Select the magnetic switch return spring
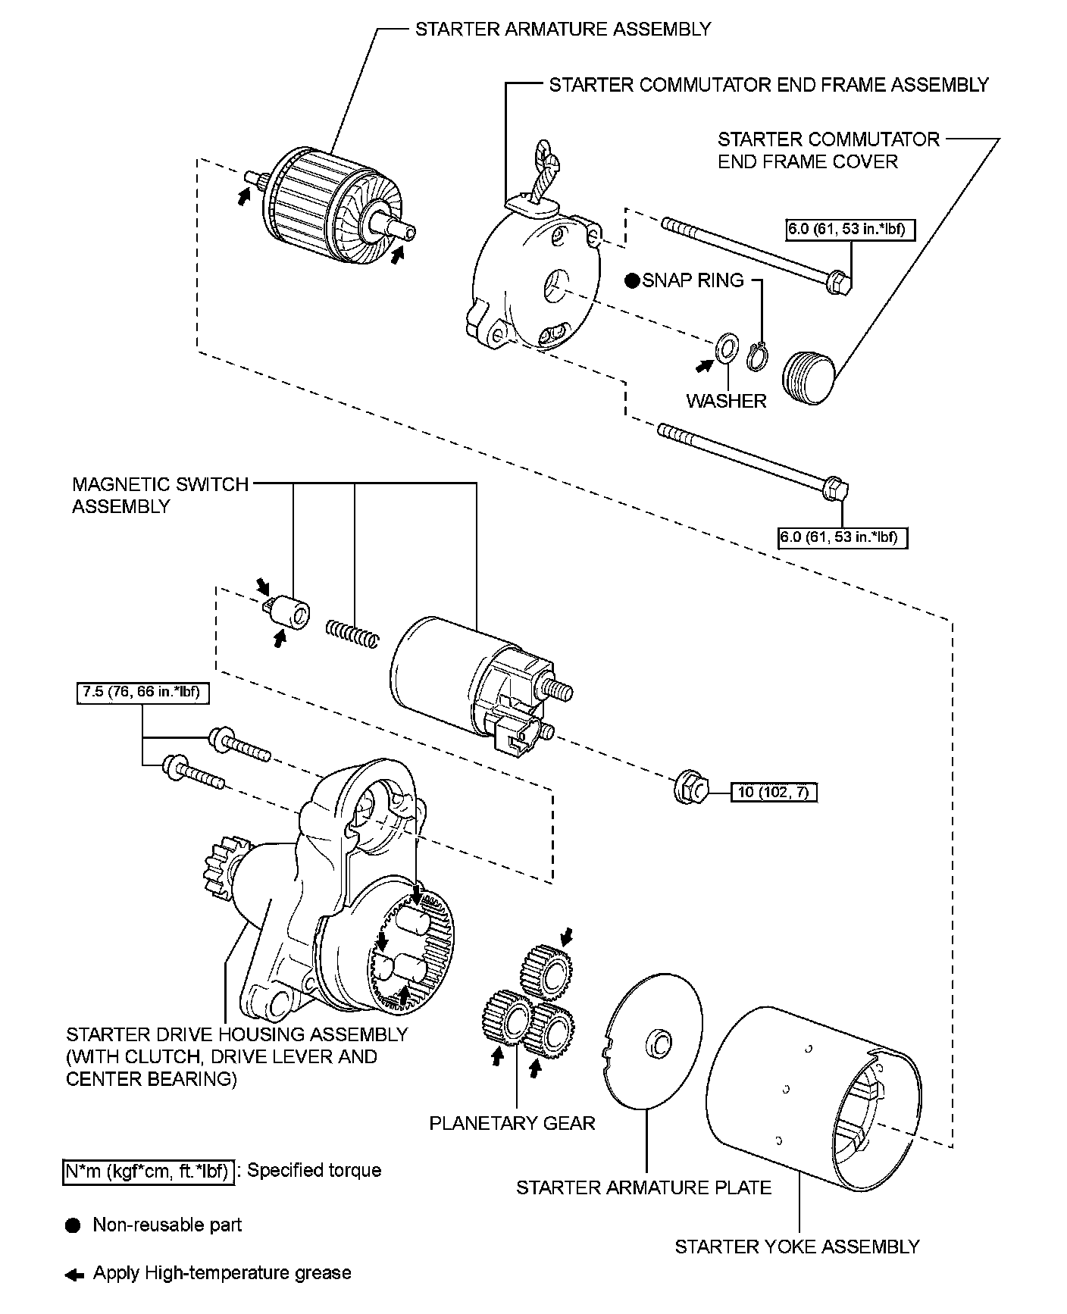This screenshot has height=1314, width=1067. pos(351,634)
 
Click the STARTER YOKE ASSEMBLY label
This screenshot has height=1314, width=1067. pos(796,1247)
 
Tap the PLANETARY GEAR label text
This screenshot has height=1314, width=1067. pos(512,1122)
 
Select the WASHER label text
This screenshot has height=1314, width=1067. pos(726,401)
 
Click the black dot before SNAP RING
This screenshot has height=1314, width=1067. pos(632,281)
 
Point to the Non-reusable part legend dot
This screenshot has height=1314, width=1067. pos(73,1225)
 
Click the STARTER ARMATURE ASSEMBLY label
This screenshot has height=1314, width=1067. pos(563,30)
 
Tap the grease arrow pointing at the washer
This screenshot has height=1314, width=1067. pos(705,365)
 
